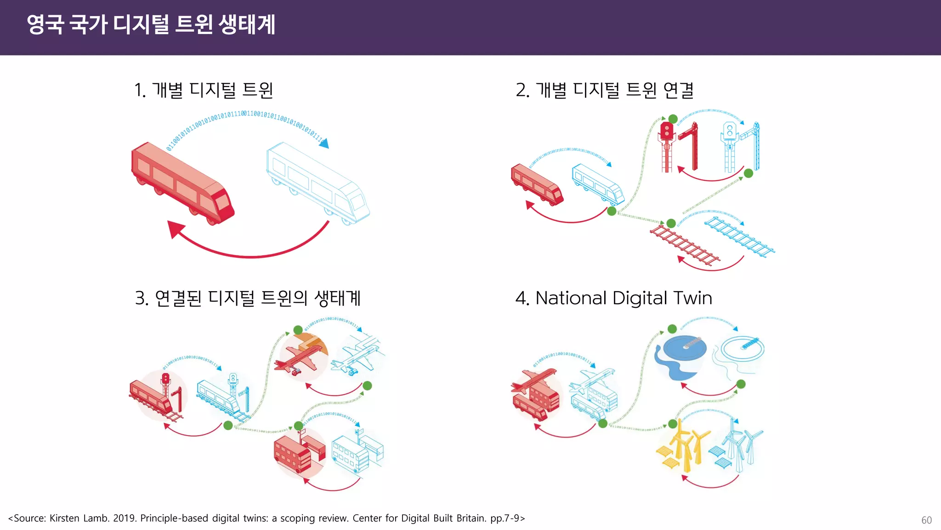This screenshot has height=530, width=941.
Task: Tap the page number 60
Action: pyautogui.click(x=926, y=520)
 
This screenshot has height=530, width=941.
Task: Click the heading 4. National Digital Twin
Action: pyautogui.click(x=613, y=298)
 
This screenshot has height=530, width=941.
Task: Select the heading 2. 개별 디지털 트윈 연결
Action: pyautogui.click(x=605, y=90)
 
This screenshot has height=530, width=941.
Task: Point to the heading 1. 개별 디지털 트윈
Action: pyautogui.click(x=204, y=90)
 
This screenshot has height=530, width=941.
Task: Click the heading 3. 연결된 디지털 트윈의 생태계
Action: pyautogui.click(x=248, y=298)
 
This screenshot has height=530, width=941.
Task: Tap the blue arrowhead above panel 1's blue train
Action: pyautogui.click(x=324, y=144)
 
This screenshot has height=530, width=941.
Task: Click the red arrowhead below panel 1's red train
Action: pyautogui.click(x=176, y=229)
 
